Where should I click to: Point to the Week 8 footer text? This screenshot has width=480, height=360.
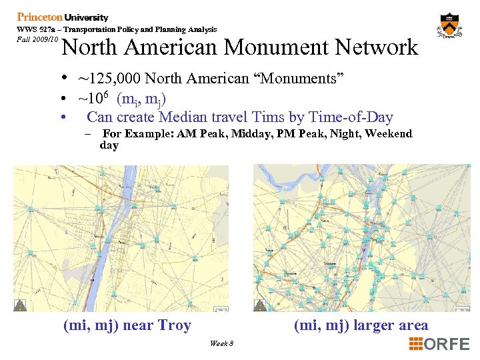coord(221,343)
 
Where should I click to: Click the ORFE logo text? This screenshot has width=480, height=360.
coord(447,344)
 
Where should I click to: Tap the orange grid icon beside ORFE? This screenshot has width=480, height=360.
coord(416,344)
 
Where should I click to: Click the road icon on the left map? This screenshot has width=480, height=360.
coord(21,305)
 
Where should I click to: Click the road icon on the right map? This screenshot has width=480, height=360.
coord(259,305)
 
